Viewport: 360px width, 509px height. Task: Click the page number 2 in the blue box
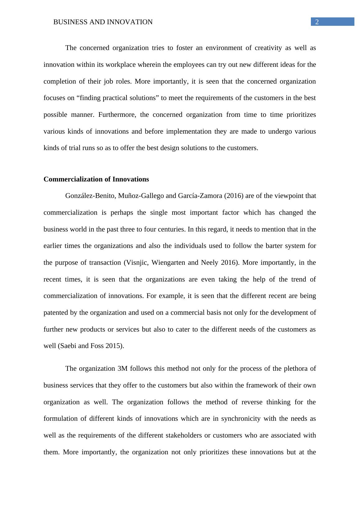click(317, 22)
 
